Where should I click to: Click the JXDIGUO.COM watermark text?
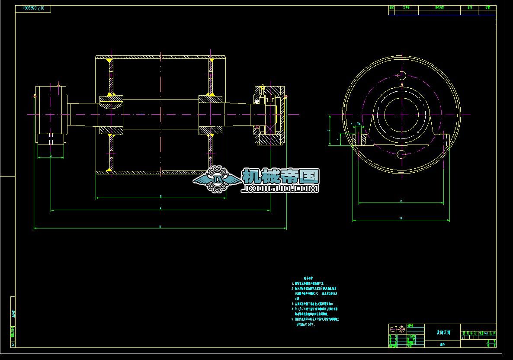pos(281,189)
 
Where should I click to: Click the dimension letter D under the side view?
pos(160,226)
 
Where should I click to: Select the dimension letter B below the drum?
pos(160,196)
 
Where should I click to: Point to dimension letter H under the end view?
pos(401,219)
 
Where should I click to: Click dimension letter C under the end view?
pos(401,201)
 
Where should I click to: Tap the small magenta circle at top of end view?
pos(401,76)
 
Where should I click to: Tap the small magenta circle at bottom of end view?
pos(401,154)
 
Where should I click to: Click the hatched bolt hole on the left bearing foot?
pos(359,140)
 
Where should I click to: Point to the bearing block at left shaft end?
pos(51,114)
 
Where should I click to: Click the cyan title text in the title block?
pos(443,333)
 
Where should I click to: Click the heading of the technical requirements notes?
pos(308,279)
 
